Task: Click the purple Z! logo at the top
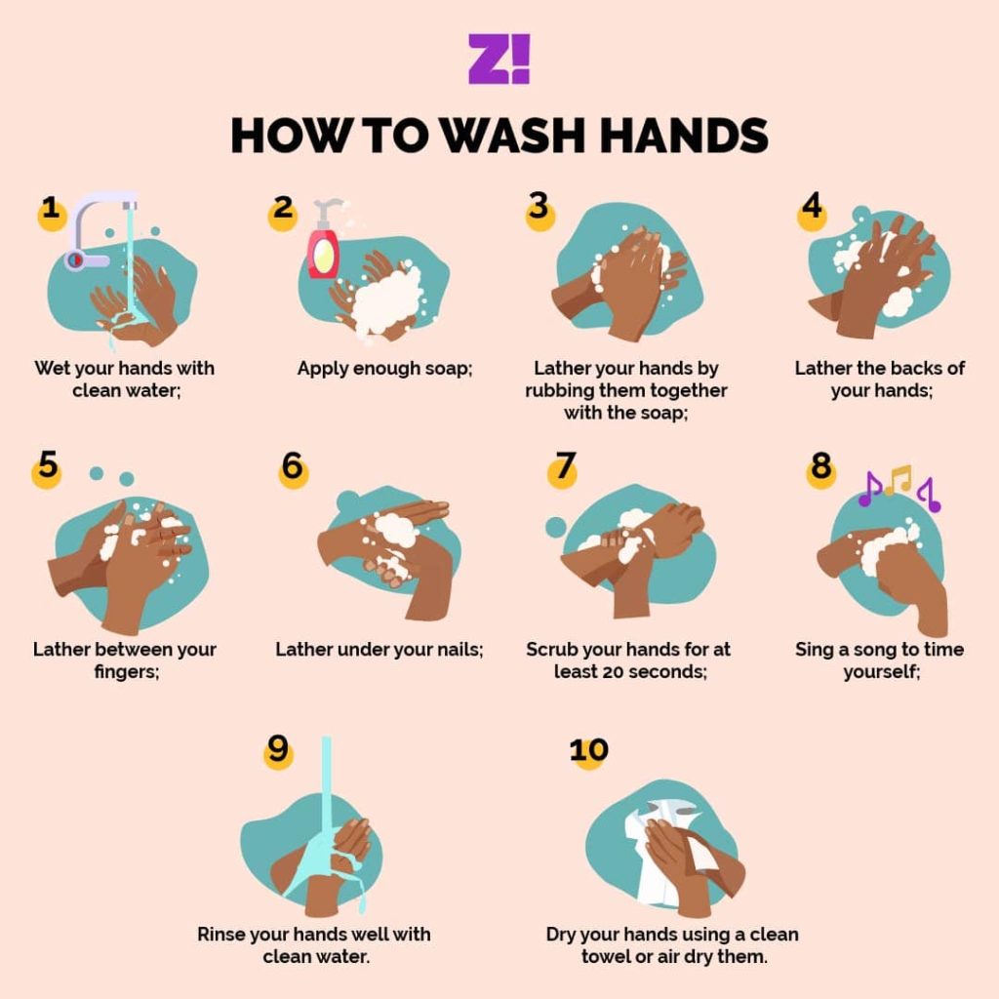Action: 499,59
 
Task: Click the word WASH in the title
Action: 513,135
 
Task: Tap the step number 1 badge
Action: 51,212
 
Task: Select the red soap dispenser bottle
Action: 324,242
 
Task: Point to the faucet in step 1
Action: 96,229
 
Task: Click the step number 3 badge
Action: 539,211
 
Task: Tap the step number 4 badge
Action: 812,211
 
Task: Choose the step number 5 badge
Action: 47,468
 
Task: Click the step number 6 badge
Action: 293,468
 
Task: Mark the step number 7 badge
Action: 563,468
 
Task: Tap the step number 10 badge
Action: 588,751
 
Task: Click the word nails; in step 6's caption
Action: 460,649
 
